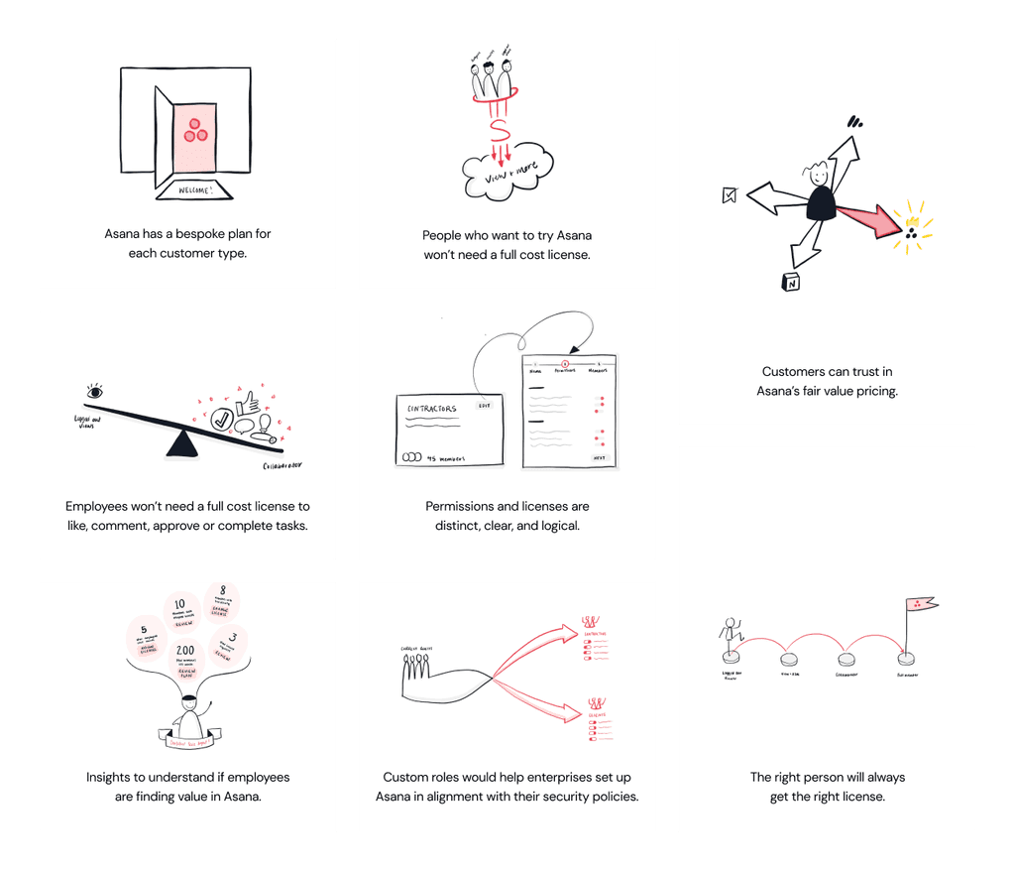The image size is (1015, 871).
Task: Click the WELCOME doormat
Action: [x=194, y=189]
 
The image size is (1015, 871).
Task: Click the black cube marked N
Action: [x=792, y=283]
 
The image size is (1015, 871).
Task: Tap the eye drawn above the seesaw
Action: [x=95, y=393]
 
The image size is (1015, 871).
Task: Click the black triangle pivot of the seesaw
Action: [x=180, y=443]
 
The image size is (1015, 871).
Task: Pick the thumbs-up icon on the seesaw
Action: [x=246, y=400]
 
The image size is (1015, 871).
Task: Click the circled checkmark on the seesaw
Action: [x=222, y=421]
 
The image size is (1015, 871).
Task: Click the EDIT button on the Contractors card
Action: [x=484, y=405]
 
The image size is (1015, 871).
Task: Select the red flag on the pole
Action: [x=921, y=604]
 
